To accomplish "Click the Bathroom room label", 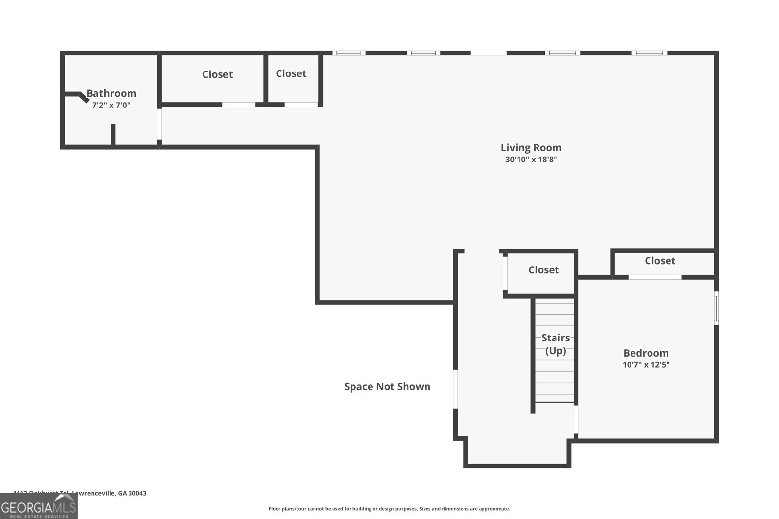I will [x=111, y=93].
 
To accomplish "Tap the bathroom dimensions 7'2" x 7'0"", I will [x=111, y=105].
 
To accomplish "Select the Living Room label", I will [x=531, y=148].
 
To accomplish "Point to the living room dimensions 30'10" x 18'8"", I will [x=531, y=160].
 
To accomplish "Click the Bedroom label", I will [x=646, y=353].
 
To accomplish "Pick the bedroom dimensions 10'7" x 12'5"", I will [x=646, y=365].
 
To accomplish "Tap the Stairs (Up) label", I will [x=556, y=344].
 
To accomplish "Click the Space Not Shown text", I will [x=387, y=387].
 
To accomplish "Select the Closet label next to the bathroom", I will [x=218, y=74].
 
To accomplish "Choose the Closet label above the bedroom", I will [x=660, y=261].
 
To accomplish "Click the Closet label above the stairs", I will [x=543, y=270].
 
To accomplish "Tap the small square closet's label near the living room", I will [x=291, y=73].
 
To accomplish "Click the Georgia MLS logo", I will [x=38, y=507].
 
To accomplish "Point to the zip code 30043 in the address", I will [x=137, y=493].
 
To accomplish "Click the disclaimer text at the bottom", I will [x=389, y=509].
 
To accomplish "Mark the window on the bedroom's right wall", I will [x=716, y=308].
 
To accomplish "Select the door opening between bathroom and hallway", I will [x=159, y=124].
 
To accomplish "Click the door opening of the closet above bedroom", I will [x=654, y=277].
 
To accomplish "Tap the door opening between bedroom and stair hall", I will [x=576, y=419].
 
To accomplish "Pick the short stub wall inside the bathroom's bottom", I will [x=113, y=135].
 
